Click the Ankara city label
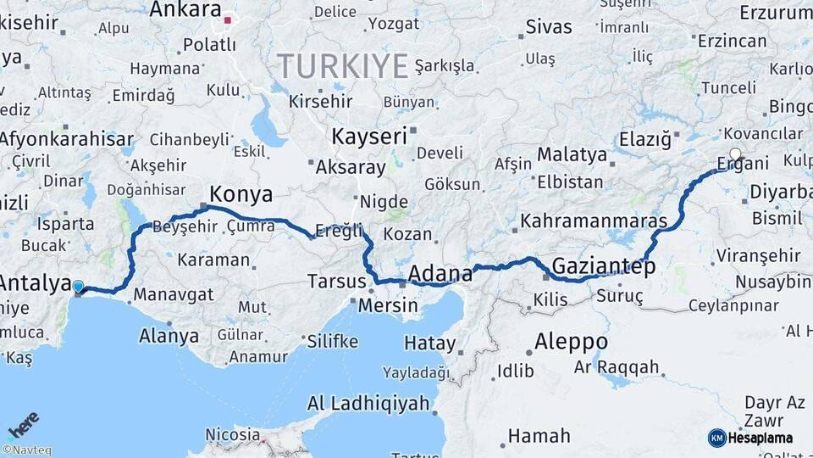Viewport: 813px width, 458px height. (185, 10)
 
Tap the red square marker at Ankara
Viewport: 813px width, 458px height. (228, 18)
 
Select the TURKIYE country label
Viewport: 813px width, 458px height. (342, 65)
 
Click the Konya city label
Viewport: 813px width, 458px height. (241, 194)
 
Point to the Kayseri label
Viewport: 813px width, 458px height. (369, 136)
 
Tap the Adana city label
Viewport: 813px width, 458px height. (440, 273)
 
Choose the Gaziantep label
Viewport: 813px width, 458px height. (604, 267)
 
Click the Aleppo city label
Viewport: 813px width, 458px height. (571, 341)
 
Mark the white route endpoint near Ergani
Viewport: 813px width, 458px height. (735, 154)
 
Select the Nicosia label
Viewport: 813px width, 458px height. (233, 434)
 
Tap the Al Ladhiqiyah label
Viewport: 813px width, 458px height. (368, 403)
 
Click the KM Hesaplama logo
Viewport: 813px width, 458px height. (750, 438)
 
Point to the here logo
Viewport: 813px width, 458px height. (24, 424)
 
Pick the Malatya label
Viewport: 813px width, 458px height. (572, 155)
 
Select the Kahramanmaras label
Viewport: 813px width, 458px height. (594, 221)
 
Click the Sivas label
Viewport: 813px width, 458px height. (549, 26)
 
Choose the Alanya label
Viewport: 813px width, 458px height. (169, 336)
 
